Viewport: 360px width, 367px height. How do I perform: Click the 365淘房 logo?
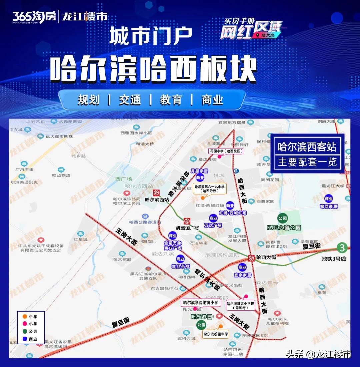(x=34, y=16)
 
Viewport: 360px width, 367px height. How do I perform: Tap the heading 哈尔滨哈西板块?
(x=153, y=69)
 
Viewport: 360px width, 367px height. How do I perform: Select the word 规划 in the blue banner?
(x=88, y=100)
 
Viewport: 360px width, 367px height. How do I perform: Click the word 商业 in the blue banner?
(x=212, y=100)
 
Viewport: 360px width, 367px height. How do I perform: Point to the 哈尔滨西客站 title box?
(x=307, y=147)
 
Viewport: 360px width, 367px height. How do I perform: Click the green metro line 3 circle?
(x=342, y=248)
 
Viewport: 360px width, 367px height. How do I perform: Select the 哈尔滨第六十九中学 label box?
(x=210, y=189)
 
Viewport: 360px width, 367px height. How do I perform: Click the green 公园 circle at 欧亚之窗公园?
(x=283, y=219)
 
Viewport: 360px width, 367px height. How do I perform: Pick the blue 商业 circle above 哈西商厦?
(x=329, y=199)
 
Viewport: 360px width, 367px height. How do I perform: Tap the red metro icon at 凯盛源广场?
(x=187, y=221)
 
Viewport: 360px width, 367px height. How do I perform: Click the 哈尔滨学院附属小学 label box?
(x=201, y=303)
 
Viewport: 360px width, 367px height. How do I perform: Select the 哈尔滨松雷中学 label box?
(x=216, y=334)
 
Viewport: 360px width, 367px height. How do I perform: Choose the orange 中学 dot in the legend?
(x=25, y=316)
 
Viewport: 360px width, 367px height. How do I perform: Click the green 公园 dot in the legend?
(x=25, y=331)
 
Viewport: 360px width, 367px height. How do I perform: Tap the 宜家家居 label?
(x=242, y=275)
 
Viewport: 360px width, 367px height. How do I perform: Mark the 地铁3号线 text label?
(x=334, y=259)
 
